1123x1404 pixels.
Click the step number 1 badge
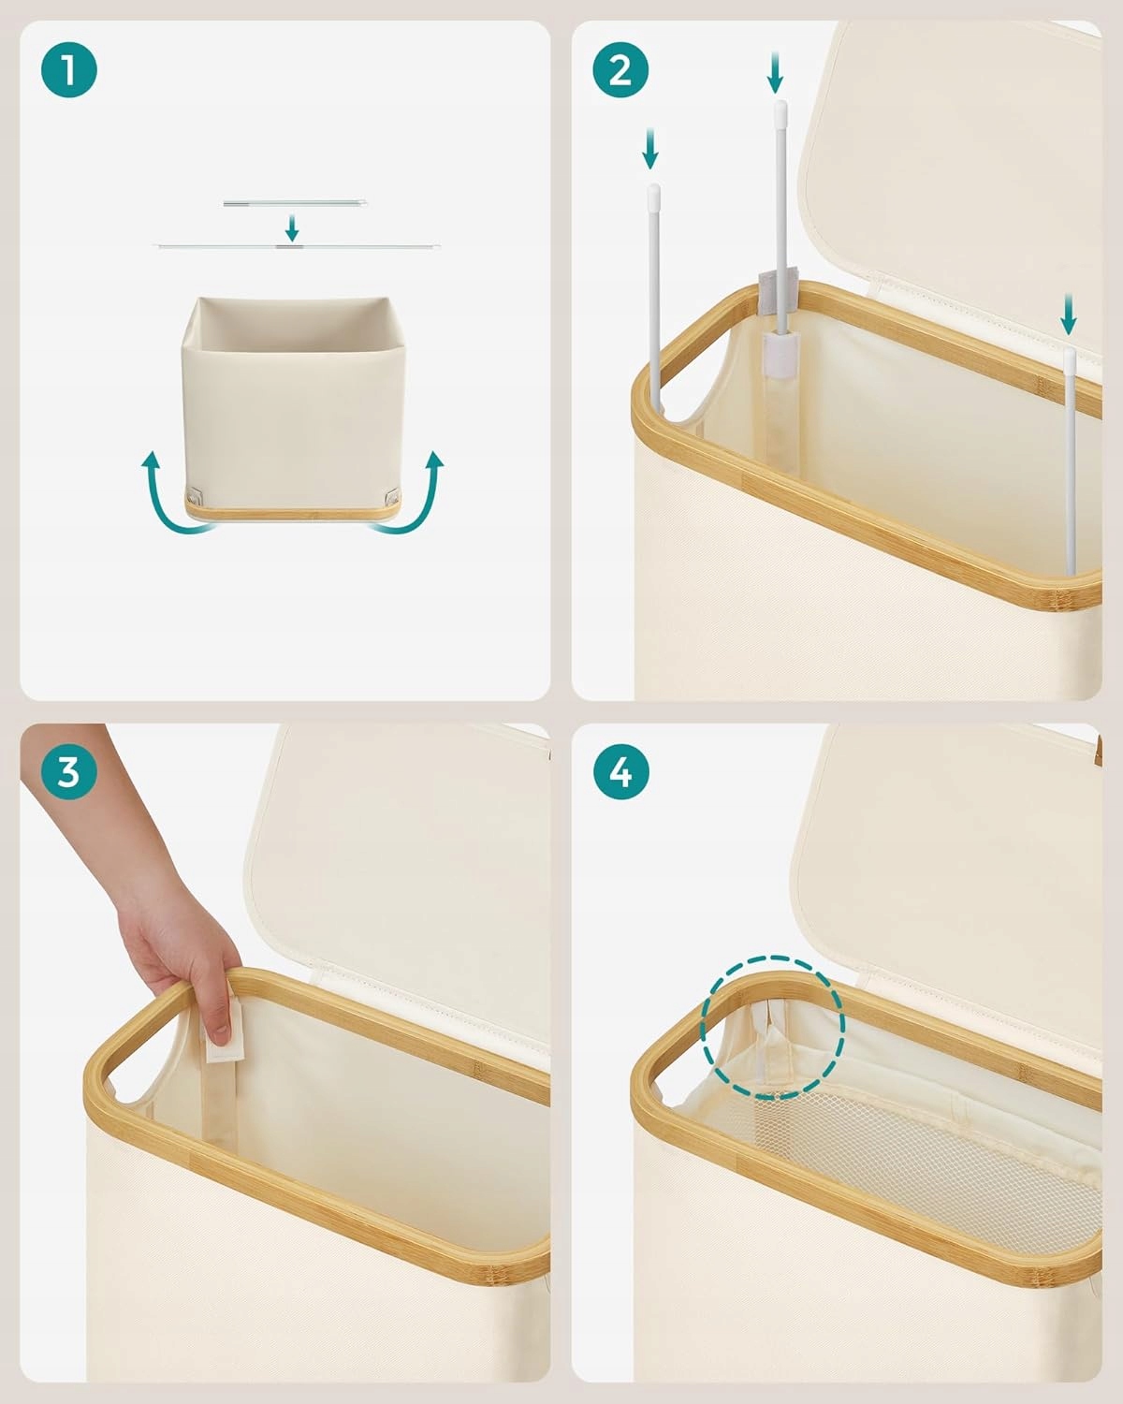[x=68, y=70]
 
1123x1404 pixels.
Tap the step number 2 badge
[x=620, y=70]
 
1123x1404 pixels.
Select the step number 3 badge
[x=68, y=772]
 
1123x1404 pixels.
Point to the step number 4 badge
[x=620, y=772]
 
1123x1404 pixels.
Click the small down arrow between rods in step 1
[x=292, y=227]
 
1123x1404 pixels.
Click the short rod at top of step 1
[x=295, y=203]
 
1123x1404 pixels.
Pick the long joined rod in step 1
[x=297, y=246]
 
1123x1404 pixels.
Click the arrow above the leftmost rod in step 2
[x=649, y=150]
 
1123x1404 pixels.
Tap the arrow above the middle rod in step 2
[x=775, y=73]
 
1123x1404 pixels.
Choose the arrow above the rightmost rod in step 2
[x=1068, y=314]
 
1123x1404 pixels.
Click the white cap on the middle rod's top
[x=780, y=110]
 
